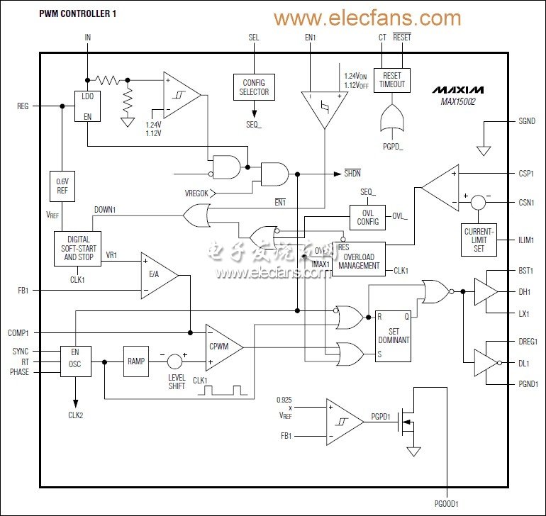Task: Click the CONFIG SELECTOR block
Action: pyautogui.click(x=253, y=87)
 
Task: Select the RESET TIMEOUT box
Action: pyautogui.click(x=392, y=79)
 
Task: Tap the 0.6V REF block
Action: pyautogui.click(x=62, y=186)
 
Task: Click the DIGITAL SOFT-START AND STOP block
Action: pyautogui.click(x=77, y=248)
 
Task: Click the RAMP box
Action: pyautogui.click(x=136, y=361)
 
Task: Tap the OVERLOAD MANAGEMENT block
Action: pyautogui.click(x=358, y=261)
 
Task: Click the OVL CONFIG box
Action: pyautogui.click(x=367, y=216)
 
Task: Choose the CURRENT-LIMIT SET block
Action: pyautogui.click(x=479, y=240)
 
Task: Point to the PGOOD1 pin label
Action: pyautogui.click(x=448, y=503)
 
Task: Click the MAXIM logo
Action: pyautogui.click(x=457, y=91)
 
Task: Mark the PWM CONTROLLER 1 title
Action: pyautogui.click(x=76, y=12)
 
